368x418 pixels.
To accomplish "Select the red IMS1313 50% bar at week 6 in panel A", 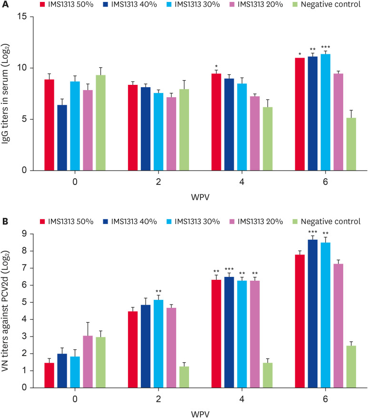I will [299, 114].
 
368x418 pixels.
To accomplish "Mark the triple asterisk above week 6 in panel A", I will [326, 47].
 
